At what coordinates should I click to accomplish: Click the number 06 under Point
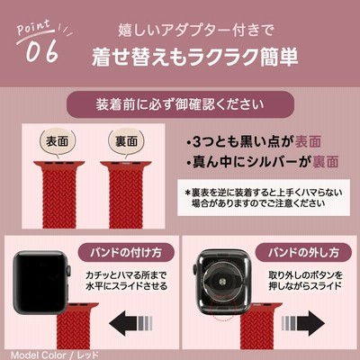click(x=41, y=51)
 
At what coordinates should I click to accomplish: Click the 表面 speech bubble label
click(x=57, y=141)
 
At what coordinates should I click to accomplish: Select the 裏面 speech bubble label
click(x=126, y=141)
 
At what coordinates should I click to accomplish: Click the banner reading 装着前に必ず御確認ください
click(x=180, y=104)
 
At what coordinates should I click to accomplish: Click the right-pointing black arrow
click(x=303, y=323)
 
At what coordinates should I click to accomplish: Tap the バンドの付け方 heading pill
click(x=126, y=253)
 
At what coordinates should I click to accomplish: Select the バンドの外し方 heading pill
click(x=303, y=253)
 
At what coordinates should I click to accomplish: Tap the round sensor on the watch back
click(x=222, y=282)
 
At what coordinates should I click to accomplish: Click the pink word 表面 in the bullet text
click(x=308, y=142)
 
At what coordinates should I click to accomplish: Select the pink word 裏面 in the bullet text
click(x=326, y=162)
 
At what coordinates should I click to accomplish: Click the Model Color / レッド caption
click(x=54, y=355)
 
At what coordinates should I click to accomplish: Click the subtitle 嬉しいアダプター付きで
click(x=195, y=31)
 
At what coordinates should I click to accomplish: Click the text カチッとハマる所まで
click(x=126, y=274)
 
